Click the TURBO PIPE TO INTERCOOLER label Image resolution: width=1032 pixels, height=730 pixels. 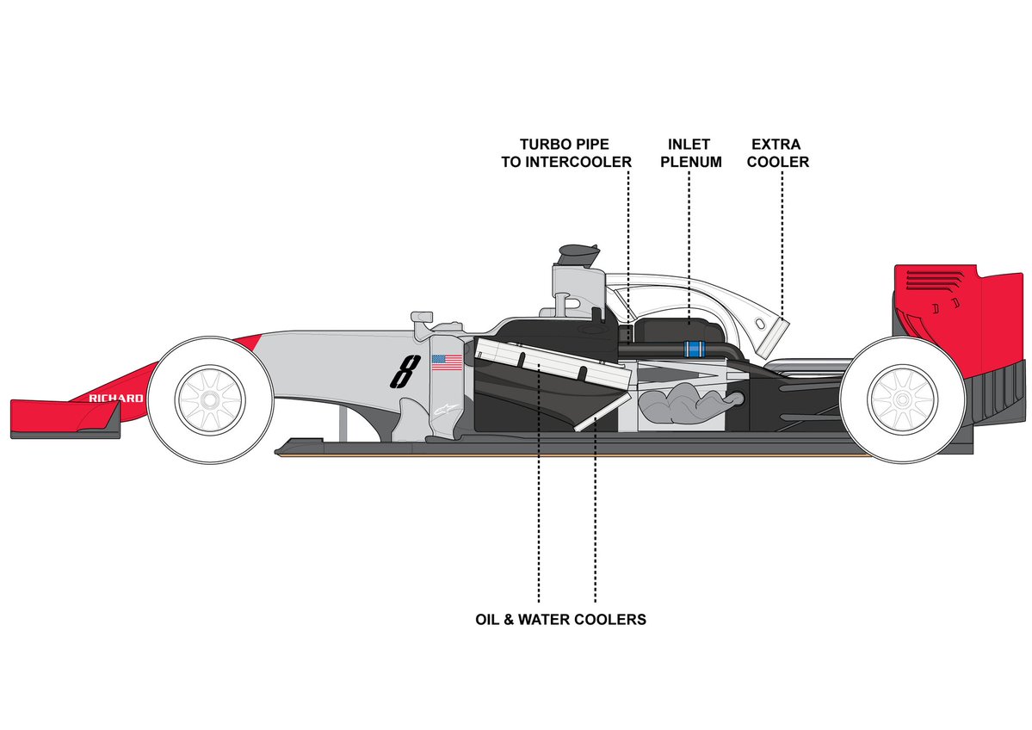pyautogui.click(x=565, y=152)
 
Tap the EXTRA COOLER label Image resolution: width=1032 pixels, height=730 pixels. pyautogui.click(x=780, y=152)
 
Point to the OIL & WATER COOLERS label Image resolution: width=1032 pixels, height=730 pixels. pyautogui.click(x=560, y=619)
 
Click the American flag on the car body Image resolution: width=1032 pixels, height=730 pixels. pyautogui.click(x=447, y=362)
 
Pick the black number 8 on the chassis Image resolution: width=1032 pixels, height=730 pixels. pyautogui.click(x=401, y=373)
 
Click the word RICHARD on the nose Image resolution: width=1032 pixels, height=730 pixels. pyautogui.click(x=116, y=398)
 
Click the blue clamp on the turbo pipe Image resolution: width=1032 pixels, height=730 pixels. pyautogui.click(x=694, y=349)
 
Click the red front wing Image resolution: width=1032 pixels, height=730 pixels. pyautogui.click(x=60, y=416)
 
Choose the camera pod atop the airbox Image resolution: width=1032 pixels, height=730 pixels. pyautogui.click(x=579, y=253)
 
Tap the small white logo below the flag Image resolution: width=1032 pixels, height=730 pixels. pyautogui.click(x=443, y=411)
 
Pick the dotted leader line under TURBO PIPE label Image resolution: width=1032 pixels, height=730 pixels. pyautogui.click(x=628, y=250)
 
